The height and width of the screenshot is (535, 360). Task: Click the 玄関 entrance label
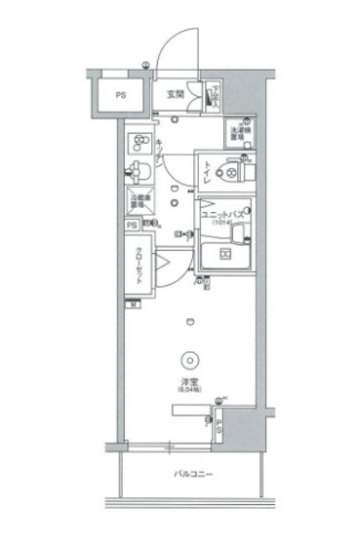tap(175, 94)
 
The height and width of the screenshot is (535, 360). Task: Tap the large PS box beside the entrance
tap(122, 94)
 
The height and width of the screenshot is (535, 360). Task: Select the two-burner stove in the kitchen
tap(138, 142)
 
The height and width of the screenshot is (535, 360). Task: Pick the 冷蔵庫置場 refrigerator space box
tap(138, 201)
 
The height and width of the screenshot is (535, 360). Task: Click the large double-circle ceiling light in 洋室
tap(191, 361)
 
